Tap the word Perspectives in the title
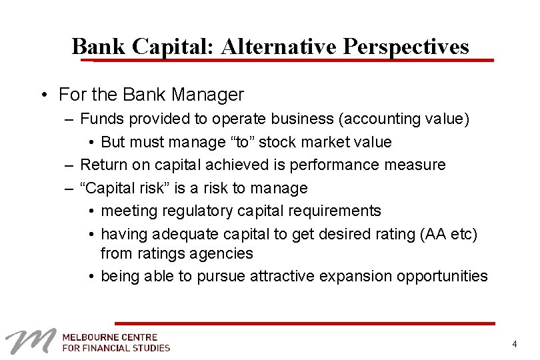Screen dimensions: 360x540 tap(406, 47)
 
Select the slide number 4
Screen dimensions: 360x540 tap(514, 344)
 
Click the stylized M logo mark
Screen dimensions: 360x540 tap(29, 341)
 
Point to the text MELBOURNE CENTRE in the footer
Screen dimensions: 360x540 tap(110, 337)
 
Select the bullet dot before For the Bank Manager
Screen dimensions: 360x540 tap(43, 95)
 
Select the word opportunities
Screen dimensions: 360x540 tap(442, 276)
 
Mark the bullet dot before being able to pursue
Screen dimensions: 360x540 tap(91, 276)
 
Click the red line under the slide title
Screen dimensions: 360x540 tap(293, 60)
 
